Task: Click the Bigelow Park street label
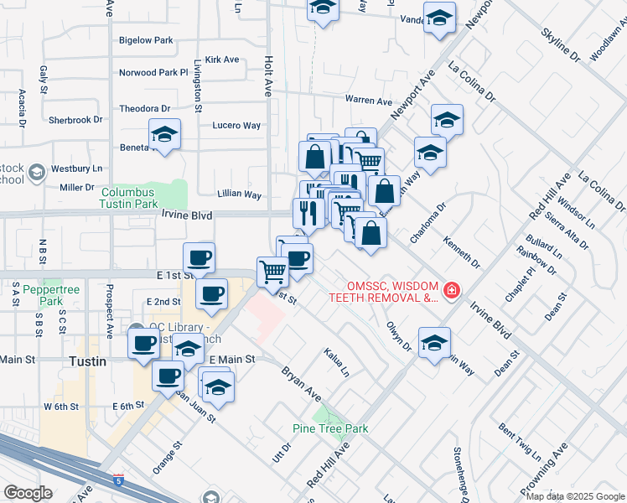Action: click(146, 40)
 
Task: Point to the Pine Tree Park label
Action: click(330, 428)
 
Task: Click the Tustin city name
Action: click(87, 361)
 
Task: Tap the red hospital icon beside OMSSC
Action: click(452, 290)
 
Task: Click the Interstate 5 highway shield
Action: click(117, 478)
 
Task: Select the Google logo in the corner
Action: click(28, 493)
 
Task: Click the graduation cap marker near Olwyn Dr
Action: click(435, 343)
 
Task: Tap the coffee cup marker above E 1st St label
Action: click(199, 257)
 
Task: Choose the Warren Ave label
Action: click(369, 101)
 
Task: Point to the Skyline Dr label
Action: click(560, 45)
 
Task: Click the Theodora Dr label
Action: click(144, 109)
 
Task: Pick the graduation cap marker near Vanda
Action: click(439, 18)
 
